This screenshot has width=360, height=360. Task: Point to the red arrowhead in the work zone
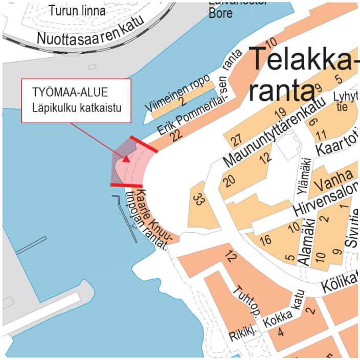(126, 159)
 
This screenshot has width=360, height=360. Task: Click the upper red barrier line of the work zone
(143, 144)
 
